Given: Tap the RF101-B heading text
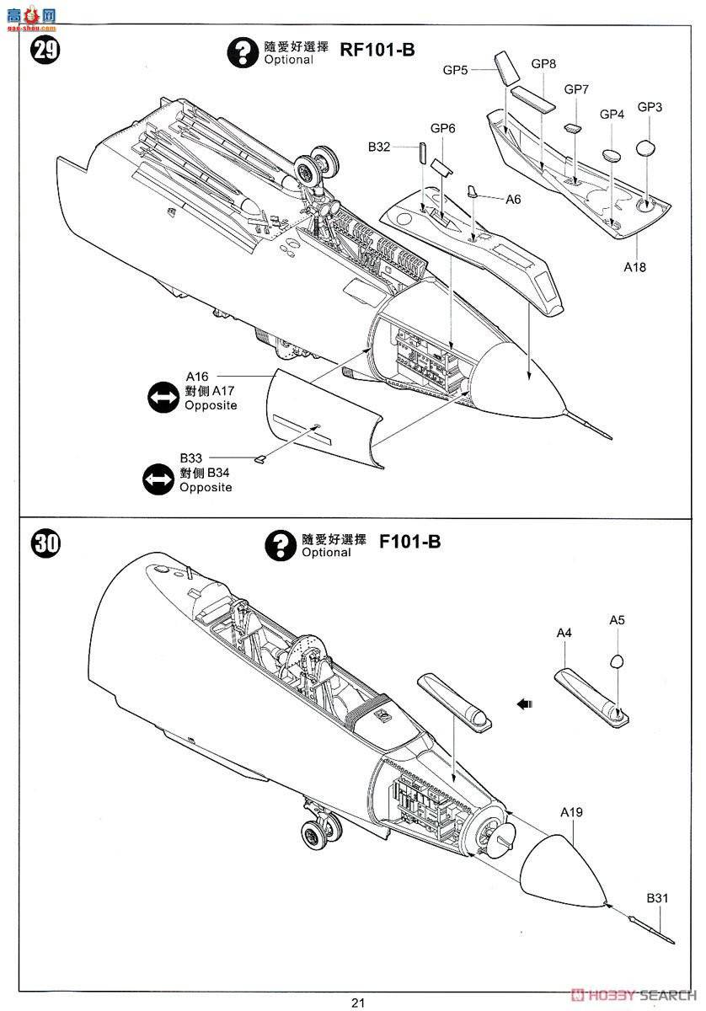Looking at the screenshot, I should tap(377, 50).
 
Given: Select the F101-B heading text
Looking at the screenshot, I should tap(410, 541).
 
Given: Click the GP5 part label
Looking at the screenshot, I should tap(455, 70).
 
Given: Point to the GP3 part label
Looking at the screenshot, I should tap(650, 107).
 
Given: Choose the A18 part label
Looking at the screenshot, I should tap(634, 266).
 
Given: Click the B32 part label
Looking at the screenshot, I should tap(378, 147).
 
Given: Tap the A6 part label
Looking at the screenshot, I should tap(513, 199).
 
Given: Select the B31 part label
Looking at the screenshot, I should tap(657, 898).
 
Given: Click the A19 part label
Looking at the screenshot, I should tap(571, 812).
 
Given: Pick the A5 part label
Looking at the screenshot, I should tap(617, 620).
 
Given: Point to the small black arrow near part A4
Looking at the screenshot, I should tap(526, 703).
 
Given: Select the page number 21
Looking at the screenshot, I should tap(358, 1002).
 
